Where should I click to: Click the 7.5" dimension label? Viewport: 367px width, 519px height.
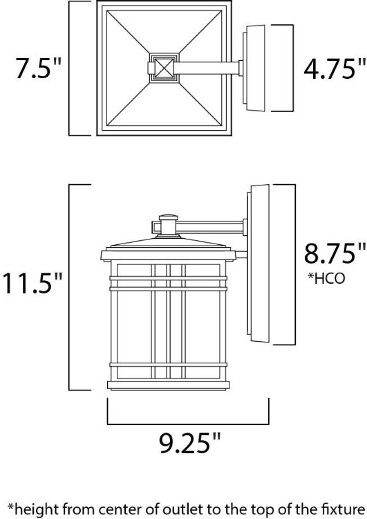pyautogui.click(x=39, y=69)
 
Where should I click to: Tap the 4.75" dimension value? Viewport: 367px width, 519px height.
pyautogui.click(x=335, y=69)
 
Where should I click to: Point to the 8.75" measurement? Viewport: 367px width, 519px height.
pyautogui.click(x=335, y=253)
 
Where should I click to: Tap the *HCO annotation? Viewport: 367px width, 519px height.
pyautogui.click(x=326, y=278)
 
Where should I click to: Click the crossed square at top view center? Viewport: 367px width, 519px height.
pyautogui.click(x=163, y=68)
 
